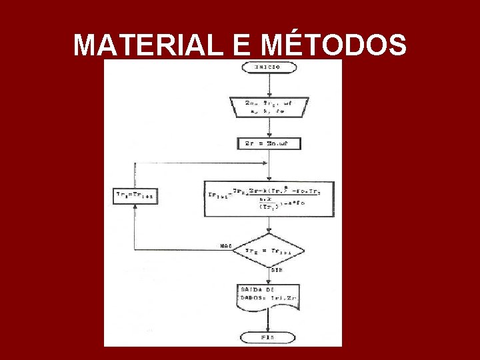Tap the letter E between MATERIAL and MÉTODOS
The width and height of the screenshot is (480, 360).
tap(242, 46)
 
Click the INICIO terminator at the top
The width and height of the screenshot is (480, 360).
tap(267, 67)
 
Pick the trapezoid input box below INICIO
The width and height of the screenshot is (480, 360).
tap(267, 107)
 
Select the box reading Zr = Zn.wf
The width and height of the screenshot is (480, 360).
tap(269, 143)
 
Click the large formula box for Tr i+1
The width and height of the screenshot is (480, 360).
tap(269, 199)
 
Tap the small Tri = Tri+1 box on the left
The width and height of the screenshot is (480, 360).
tap(135, 195)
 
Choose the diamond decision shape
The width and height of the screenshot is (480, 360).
tap(268, 250)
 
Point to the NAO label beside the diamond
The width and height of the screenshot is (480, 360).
tap(225, 246)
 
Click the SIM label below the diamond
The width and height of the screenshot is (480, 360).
tap(275, 271)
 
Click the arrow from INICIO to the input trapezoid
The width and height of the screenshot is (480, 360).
tap(267, 85)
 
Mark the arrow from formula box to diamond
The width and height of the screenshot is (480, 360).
tap(268, 225)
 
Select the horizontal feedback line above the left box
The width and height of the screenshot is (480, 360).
tap(200, 163)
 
